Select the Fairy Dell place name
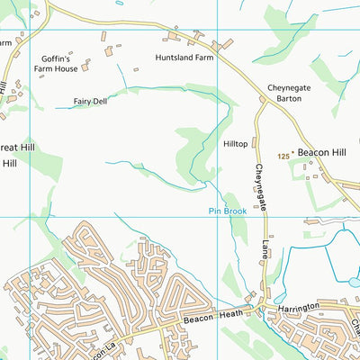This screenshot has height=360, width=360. (x=90, y=102)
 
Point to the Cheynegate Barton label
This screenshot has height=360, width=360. (x=289, y=93)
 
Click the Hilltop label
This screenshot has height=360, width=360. (x=235, y=143)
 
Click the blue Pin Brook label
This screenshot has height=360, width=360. (x=227, y=211)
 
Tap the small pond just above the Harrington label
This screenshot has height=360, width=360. (x=280, y=297)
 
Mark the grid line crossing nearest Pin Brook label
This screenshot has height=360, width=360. (x=217, y=216)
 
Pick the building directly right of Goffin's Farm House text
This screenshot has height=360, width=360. (x=86, y=66)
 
